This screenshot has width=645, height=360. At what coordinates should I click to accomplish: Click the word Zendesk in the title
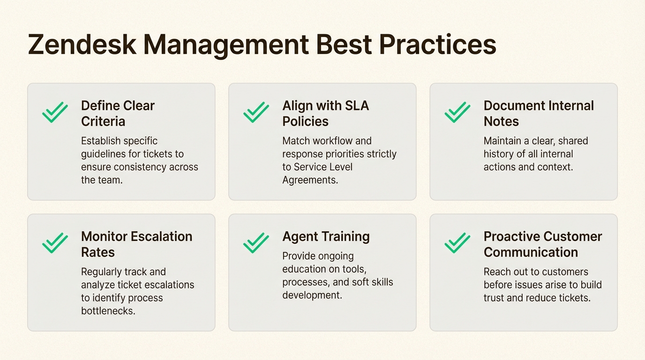tap(82, 45)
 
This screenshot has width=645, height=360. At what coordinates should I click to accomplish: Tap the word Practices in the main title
tap(438, 45)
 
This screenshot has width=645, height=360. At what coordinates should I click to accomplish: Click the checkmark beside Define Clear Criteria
tap(55, 112)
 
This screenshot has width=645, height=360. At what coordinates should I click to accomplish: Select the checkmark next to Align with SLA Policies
tap(256, 112)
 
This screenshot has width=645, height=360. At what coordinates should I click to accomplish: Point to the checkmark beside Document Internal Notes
tap(457, 112)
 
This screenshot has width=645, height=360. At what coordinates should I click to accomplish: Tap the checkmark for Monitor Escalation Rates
tap(55, 243)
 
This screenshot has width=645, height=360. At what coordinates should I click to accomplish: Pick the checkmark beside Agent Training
tap(256, 243)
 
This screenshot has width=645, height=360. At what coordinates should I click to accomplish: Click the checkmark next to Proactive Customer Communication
tap(457, 243)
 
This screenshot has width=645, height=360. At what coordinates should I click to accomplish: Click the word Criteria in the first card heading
tap(103, 121)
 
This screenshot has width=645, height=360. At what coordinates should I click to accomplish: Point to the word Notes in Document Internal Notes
tap(501, 121)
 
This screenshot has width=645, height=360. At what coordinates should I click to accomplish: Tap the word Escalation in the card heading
tap(162, 236)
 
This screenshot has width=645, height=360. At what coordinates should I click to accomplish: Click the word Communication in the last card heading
tap(531, 252)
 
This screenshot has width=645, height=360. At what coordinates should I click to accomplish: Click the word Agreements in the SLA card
tap(310, 180)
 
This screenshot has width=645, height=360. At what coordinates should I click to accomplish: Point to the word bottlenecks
tap(108, 311)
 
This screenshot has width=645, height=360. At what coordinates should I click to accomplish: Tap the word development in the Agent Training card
tap(312, 295)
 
